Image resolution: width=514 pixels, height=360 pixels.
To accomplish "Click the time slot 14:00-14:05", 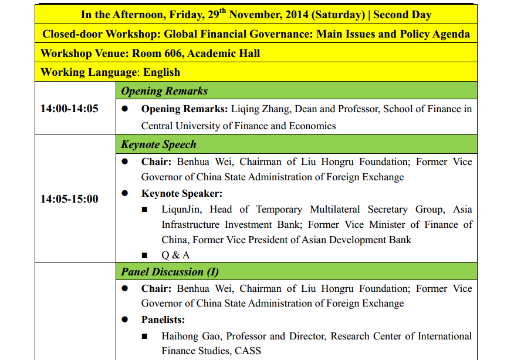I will pyautogui.click(x=69, y=109).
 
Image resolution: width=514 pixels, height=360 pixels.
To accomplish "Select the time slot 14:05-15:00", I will pyautogui.click(x=69, y=199).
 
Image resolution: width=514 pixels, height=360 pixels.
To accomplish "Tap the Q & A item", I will pyautogui.click(x=175, y=255).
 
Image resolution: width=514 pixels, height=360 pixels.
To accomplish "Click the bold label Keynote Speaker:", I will pyautogui.click(x=182, y=193).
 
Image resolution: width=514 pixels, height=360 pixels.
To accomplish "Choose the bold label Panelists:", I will pyautogui.click(x=163, y=320).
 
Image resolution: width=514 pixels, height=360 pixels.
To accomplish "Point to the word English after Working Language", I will pyautogui.click(x=161, y=72).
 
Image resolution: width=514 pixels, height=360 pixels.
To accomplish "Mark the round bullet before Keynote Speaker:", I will pyautogui.click(x=125, y=193).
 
